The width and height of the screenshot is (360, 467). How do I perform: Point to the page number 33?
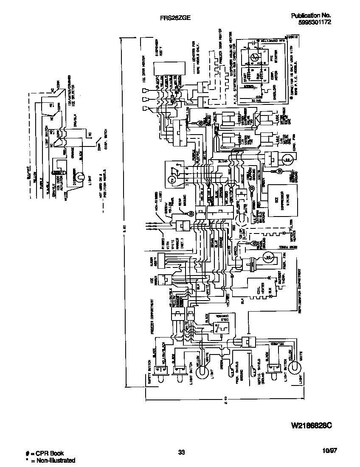(x=181, y=453)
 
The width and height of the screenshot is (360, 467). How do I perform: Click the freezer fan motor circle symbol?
(x=268, y=256)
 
